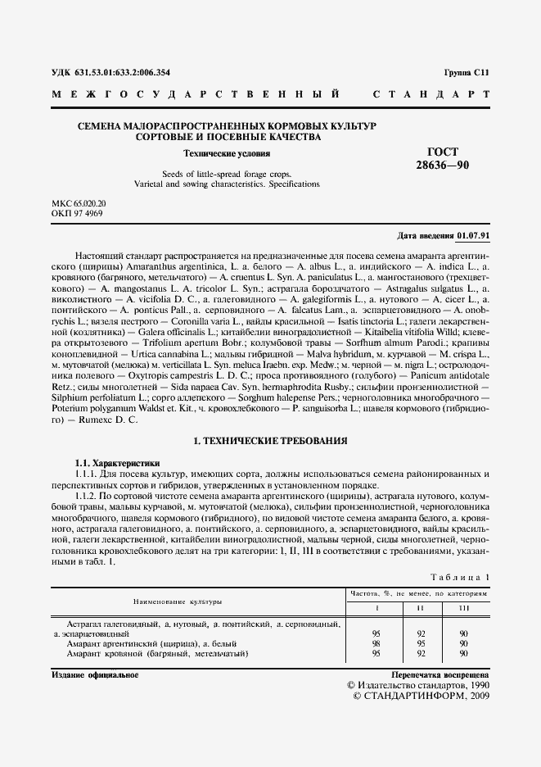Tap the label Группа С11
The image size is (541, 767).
466,73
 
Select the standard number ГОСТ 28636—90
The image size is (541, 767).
443,159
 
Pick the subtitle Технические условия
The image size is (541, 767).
227,153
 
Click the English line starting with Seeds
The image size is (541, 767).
227,174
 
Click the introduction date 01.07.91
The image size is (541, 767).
473,235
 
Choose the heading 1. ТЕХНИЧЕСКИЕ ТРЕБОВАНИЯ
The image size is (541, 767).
270,441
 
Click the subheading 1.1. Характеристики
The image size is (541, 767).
118,463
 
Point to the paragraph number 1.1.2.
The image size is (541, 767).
86,496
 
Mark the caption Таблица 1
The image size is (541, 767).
461,577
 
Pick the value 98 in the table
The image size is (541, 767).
376,643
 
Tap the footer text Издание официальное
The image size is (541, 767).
94,674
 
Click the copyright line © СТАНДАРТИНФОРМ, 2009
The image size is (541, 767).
420,696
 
